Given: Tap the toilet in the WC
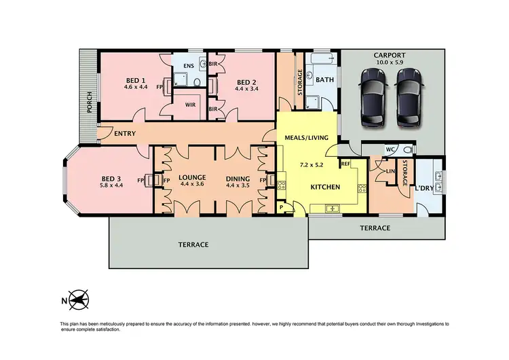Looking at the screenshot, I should tap(407, 149).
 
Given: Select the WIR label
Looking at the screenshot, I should tap(191, 107).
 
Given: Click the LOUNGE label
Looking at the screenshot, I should tap(192, 178).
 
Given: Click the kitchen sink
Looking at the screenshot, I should tap(332, 209).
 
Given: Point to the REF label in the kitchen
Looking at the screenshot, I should tap(345, 164).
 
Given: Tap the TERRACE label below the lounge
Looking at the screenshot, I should tap(193, 245).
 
